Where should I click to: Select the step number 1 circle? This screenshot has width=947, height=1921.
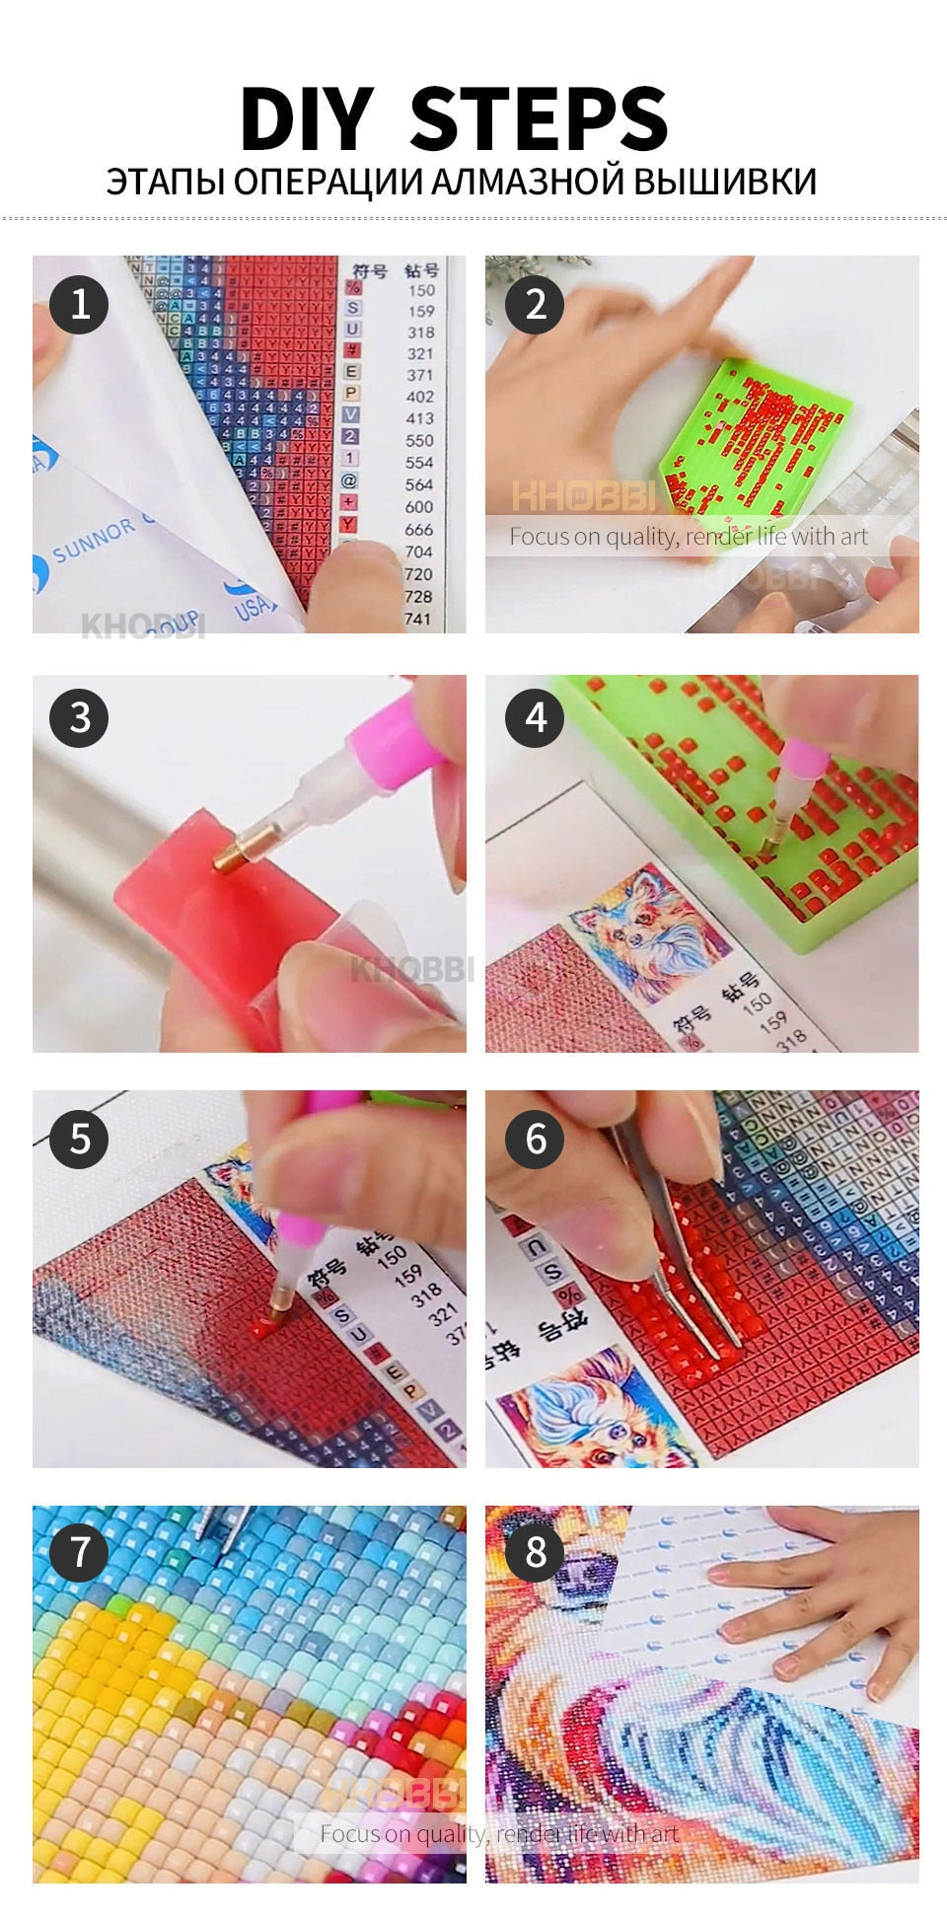click(79, 303)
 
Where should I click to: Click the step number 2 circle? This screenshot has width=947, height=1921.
click(535, 303)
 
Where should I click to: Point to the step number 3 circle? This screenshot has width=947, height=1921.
click(79, 717)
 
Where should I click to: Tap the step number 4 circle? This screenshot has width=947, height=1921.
click(535, 717)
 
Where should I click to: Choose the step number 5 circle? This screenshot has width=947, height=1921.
click(79, 1138)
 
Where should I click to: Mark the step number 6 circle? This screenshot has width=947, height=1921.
click(535, 1138)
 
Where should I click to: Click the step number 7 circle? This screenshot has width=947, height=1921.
click(79, 1552)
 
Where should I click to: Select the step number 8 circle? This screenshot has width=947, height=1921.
click(535, 1552)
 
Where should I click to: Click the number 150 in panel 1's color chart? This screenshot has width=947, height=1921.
click(421, 290)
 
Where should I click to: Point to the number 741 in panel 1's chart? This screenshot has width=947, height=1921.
click(417, 619)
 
